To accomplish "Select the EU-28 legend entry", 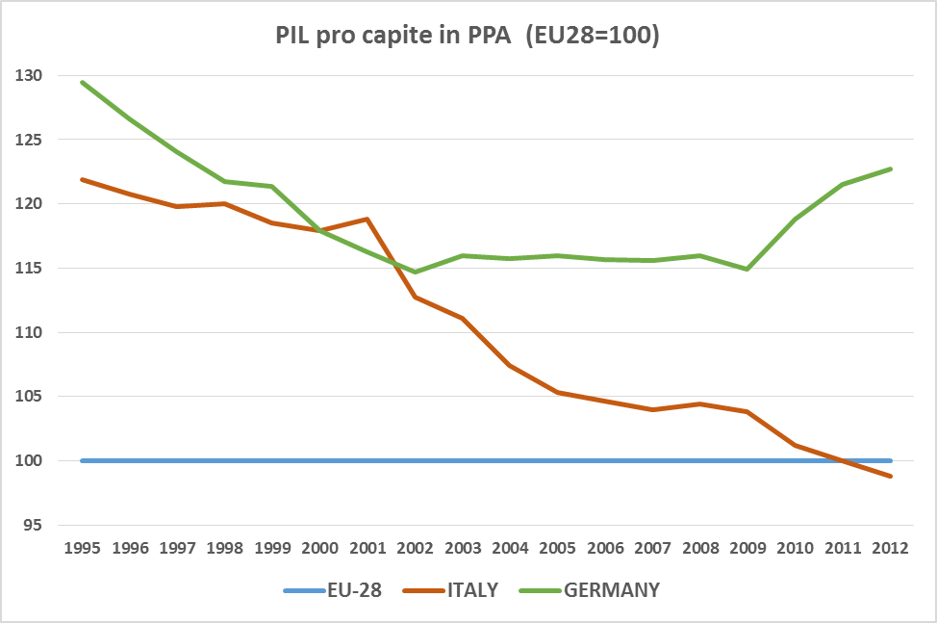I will pyautogui.click(x=333, y=590).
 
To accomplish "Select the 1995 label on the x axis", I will pyautogui.click(x=84, y=549).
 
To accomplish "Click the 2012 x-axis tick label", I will pyautogui.click(x=889, y=549).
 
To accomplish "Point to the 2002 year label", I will pyautogui.click(x=415, y=549).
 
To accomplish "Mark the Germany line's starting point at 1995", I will pyautogui.click(x=84, y=83).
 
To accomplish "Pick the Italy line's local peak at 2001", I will pyautogui.click(x=367, y=220).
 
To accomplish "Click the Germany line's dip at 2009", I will pyautogui.click(x=747, y=269).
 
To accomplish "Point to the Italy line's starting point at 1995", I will pyautogui.click(x=84, y=180).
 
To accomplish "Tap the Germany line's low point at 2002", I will pyautogui.click(x=415, y=272).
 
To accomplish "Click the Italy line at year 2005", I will pyautogui.click(x=557, y=393).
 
